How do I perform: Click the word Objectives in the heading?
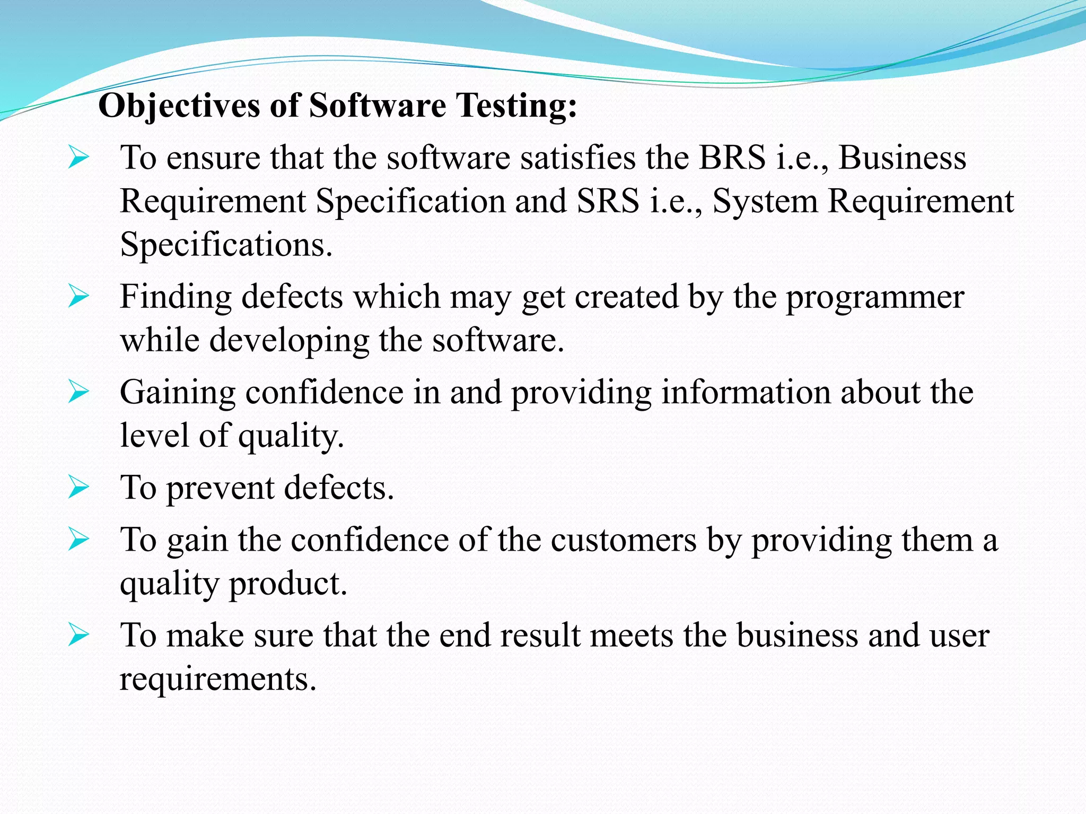point(179,105)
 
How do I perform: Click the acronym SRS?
point(608,201)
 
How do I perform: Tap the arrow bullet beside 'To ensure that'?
point(78,158)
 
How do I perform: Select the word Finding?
point(176,296)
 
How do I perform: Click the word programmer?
point(874,297)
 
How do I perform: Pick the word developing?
point(289,341)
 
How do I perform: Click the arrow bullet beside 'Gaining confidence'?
point(78,393)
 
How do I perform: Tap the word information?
point(746,392)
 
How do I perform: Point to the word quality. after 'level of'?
point(291,436)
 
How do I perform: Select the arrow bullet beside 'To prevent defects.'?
point(78,488)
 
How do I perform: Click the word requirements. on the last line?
point(218,678)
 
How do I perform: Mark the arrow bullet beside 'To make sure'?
point(78,635)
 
